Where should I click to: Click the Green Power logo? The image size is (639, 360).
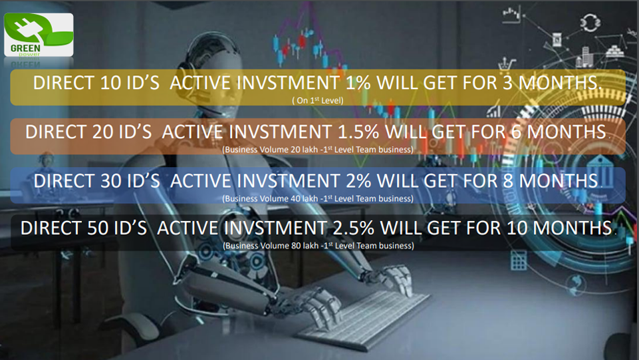pyautogui.click(x=39, y=35)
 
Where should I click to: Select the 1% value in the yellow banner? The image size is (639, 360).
pyautogui.click(x=358, y=83)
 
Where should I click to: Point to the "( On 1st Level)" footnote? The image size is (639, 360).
pyautogui.click(x=318, y=100)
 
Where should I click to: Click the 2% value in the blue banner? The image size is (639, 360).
pyautogui.click(x=358, y=180)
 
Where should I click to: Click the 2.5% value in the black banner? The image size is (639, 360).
pyautogui.click(x=353, y=228)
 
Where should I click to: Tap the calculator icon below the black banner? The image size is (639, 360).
pyautogui.click(x=519, y=260)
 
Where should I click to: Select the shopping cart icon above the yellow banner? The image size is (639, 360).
pyautogui.click(x=506, y=64)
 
